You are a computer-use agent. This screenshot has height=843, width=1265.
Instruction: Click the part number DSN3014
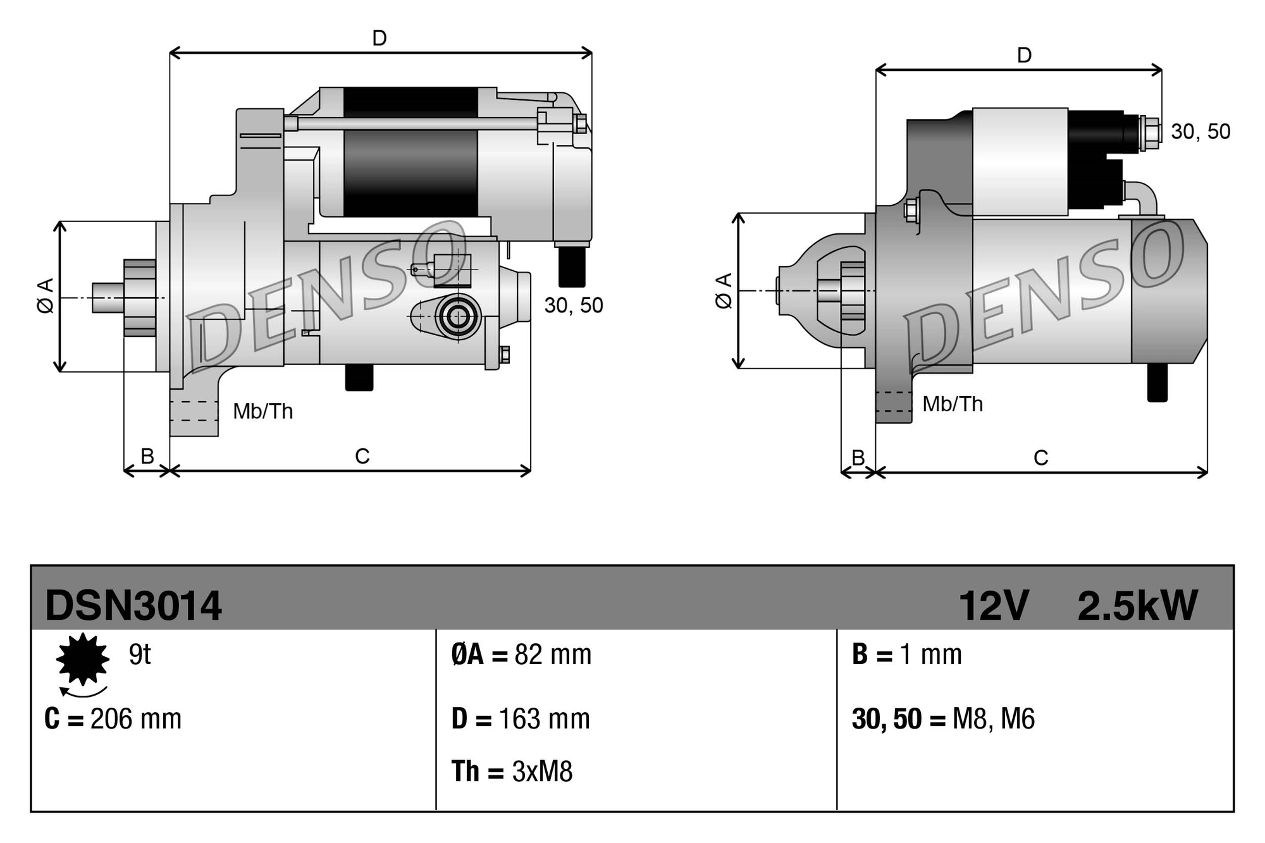[133, 605]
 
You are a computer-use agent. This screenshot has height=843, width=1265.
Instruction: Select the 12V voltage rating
[993, 605]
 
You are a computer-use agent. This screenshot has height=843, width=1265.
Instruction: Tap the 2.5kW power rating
[1137, 605]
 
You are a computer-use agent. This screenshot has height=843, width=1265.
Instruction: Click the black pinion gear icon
[82, 659]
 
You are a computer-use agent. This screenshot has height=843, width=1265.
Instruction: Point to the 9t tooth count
[140, 655]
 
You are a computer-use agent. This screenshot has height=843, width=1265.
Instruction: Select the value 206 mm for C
[135, 719]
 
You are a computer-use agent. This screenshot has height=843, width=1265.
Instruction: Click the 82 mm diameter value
[553, 655]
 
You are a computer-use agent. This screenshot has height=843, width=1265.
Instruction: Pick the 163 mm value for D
[544, 719]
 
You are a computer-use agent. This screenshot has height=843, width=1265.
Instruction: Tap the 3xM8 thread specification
[542, 772]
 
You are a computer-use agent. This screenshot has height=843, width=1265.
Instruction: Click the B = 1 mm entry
[906, 655]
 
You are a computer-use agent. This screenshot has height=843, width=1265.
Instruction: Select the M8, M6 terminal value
[993, 719]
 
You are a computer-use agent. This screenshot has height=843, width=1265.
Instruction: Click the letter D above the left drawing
[379, 39]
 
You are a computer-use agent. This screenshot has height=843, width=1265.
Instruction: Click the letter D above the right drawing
[1024, 56]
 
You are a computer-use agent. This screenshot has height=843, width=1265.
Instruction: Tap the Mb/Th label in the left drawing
[262, 412]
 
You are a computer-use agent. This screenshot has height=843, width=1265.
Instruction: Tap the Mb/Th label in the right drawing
[952, 404]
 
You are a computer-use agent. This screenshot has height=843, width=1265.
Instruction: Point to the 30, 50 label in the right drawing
[1200, 132]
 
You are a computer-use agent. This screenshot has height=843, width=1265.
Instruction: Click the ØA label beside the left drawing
[46, 295]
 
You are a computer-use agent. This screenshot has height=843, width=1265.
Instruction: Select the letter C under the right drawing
[1040, 457]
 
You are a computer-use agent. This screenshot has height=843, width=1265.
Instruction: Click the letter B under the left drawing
[147, 456]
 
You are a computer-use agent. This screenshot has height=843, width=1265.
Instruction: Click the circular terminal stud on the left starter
[457, 316]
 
